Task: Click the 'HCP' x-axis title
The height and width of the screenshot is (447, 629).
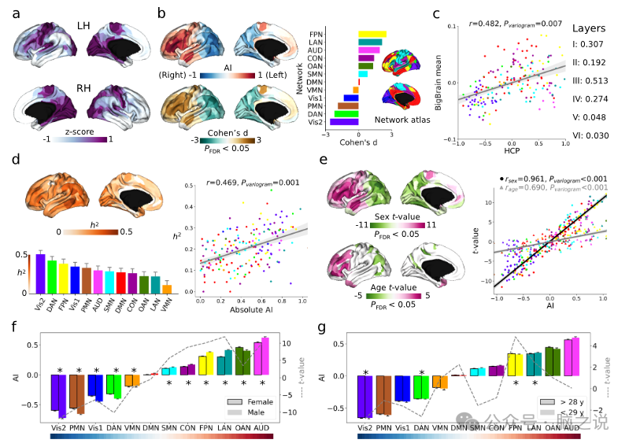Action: click(x=512, y=151)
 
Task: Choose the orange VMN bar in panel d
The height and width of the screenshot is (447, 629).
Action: click(x=166, y=289)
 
